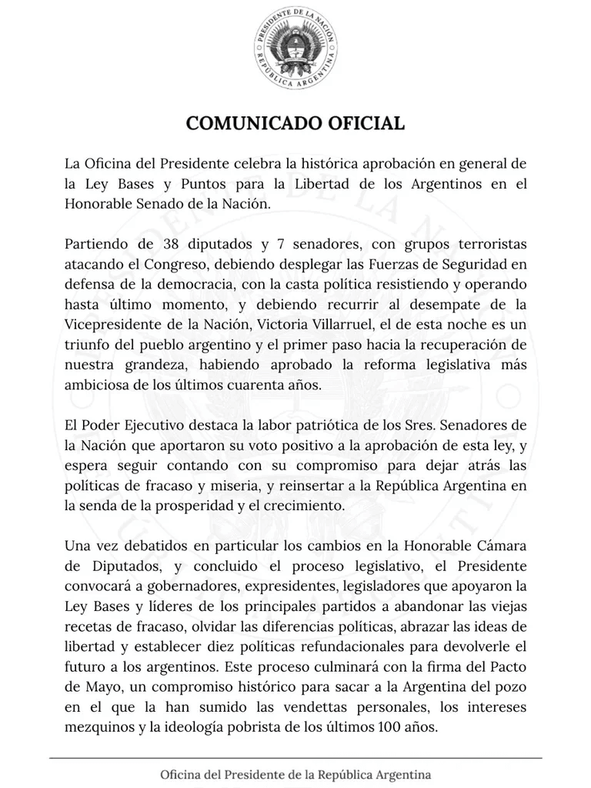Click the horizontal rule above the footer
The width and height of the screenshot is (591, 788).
295,759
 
